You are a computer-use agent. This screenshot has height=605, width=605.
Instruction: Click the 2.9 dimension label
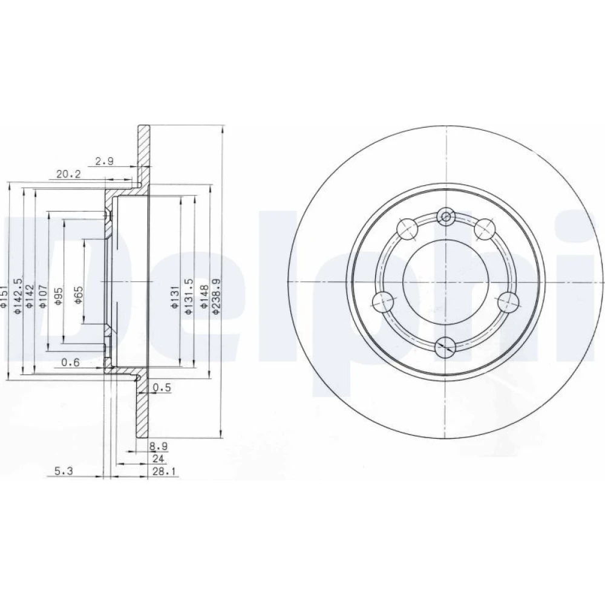[105, 162]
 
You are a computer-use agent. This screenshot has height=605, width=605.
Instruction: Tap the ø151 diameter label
[4, 296]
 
